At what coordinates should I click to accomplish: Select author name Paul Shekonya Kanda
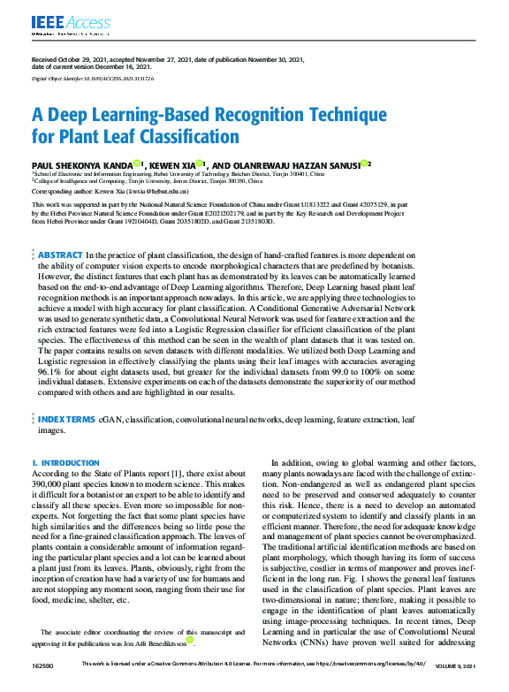(81, 164)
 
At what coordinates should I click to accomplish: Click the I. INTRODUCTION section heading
(65, 463)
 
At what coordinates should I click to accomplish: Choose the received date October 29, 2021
(83, 59)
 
